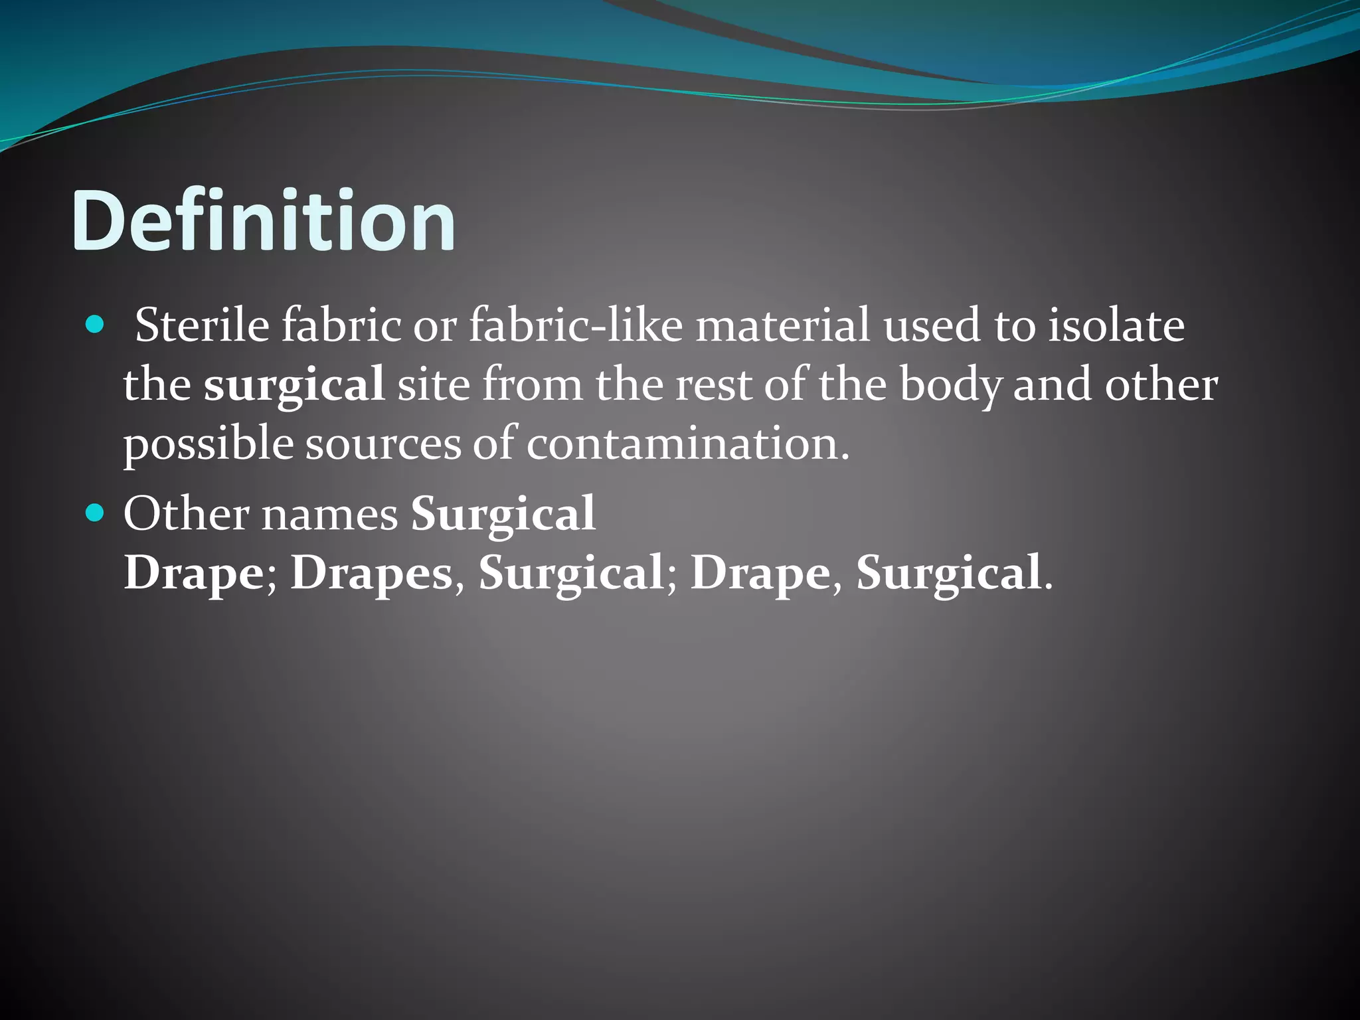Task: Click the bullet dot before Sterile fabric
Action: coord(96,325)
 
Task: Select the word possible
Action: coord(208,444)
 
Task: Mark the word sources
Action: coord(382,444)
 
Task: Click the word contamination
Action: coord(687,444)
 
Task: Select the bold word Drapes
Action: coord(371,572)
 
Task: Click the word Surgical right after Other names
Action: coord(503,515)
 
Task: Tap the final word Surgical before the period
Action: coord(948,572)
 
